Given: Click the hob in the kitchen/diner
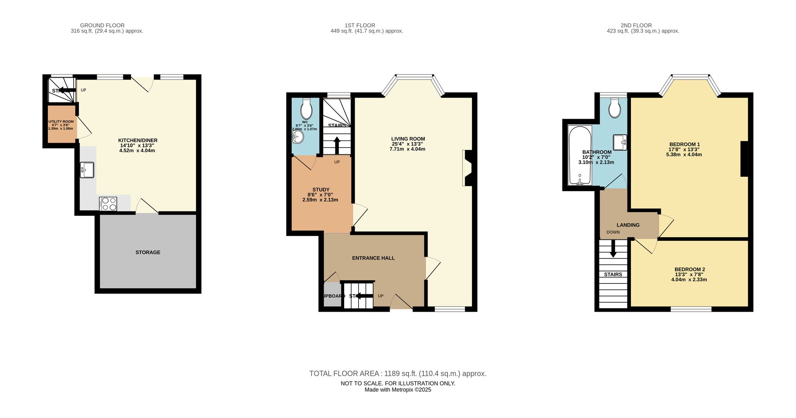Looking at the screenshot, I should tap(108, 204).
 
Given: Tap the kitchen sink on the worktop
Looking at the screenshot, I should tap(87, 170).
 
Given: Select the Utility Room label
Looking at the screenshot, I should tap(61, 122).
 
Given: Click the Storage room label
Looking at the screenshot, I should tap(148, 252).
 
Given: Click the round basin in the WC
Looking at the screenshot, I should tap(298, 138).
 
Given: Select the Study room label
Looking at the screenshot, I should tap(321, 190).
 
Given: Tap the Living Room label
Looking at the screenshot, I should tap(408, 139).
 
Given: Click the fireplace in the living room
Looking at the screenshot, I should tap(467, 168).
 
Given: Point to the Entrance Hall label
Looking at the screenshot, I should tap(373, 258).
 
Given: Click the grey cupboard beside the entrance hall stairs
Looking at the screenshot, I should tap(332, 295).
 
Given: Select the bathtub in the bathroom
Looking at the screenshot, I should tap(580, 155).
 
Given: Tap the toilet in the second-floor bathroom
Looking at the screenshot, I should tap(615, 108).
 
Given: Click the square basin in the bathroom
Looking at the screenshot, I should tap(620, 143).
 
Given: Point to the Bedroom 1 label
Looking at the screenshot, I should tap(684, 145).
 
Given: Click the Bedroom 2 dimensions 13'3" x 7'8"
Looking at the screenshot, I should tap(689, 274).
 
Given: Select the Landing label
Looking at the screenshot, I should tap(628, 225).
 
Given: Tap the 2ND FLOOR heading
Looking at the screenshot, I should tap(636, 25).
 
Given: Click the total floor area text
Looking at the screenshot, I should tap(398, 373).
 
